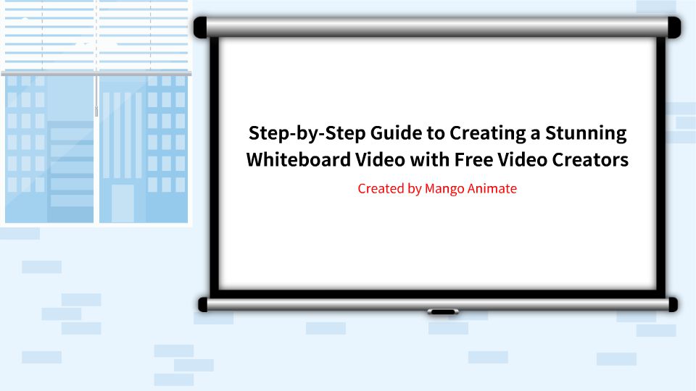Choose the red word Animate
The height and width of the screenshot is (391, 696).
click(x=495, y=189)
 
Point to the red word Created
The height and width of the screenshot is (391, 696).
click(x=381, y=189)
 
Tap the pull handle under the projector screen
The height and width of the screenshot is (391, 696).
click(x=442, y=312)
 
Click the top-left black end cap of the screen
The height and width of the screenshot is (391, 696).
click(x=201, y=28)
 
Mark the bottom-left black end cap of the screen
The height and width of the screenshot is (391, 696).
click(x=204, y=304)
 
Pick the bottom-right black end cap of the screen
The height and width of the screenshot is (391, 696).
click(x=672, y=304)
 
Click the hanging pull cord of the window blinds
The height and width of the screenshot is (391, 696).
click(x=96, y=94)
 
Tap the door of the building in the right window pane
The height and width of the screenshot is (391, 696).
click(x=123, y=203)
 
